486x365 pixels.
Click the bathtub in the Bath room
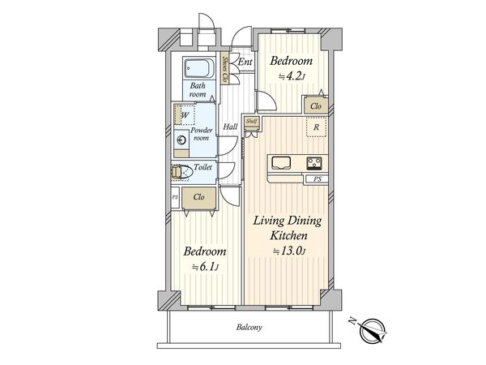(199, 68)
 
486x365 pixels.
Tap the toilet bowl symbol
(181, 172)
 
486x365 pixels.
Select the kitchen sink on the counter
(281, 163)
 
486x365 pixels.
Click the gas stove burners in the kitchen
(314, 163)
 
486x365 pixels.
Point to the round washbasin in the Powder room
(181, 140)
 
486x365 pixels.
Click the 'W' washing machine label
(185, 115)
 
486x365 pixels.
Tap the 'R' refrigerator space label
(316, 127)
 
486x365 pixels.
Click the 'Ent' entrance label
(245, 62)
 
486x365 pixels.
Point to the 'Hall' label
(231, 127)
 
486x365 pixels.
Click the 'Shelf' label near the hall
(251, 121)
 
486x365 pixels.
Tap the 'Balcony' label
(249, 327)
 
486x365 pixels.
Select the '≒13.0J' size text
(289, 251)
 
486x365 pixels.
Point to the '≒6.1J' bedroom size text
(206, 267)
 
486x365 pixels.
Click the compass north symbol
(373, 330)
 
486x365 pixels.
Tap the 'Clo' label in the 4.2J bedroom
(316, 106)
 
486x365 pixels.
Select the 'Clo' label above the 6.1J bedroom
(198, 197)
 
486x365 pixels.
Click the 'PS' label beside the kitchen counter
(317, 179)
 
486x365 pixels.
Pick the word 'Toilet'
(202, 167)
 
